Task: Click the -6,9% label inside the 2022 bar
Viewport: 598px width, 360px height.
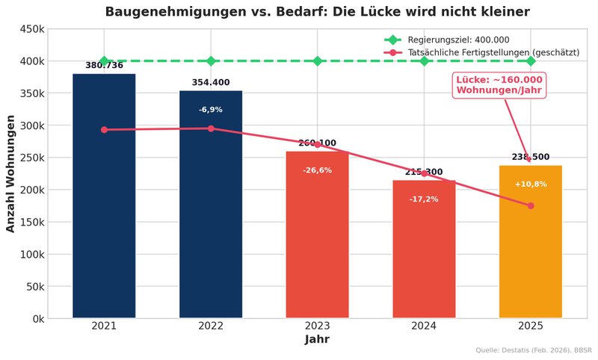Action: tap(211, 110)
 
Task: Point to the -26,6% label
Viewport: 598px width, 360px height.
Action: tap(317, 170)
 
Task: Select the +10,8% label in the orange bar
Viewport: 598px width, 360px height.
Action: tap(531, 184)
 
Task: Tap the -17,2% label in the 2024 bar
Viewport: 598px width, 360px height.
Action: tap(424, 199)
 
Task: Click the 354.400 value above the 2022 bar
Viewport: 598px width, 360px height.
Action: tap(211, 82)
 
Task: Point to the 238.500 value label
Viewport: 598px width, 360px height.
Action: tap(531, 157)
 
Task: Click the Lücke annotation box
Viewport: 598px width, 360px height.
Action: tap(499, 84)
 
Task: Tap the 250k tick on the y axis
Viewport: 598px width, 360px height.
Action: tap(30, 158)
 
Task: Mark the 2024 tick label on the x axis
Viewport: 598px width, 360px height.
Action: tap(424, 326)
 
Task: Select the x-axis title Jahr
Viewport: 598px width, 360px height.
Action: tap(317, 340)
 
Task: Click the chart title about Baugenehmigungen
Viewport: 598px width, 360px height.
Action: tap(317, 12)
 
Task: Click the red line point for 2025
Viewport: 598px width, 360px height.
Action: tap(531, 205)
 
